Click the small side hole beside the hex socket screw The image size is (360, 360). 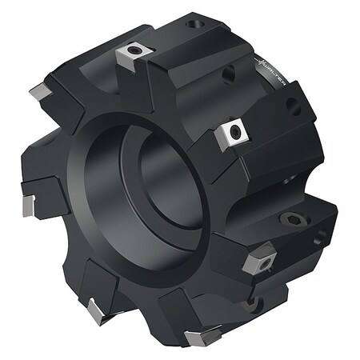(321, 237)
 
